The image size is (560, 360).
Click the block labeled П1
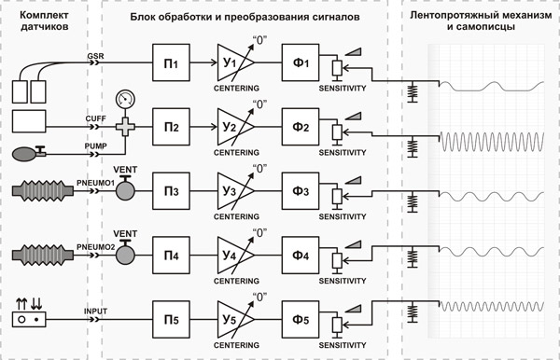[171, 62]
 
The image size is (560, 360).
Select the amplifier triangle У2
[235, 127]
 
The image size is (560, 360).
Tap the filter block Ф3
[301, 191]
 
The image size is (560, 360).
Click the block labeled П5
[171, 320]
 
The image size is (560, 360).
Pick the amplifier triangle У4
[235, 256]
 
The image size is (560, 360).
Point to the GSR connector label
[96, 56]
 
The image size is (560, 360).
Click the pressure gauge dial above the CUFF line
[125, 99]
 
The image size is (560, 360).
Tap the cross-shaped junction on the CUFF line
[125, 127]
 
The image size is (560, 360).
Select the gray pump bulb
[24, 155]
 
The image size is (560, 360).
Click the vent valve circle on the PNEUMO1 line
[125, 190]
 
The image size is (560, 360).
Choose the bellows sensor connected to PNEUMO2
[43, 256]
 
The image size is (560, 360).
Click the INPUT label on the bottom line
[95, 312]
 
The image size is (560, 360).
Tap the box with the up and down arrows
[29, 319]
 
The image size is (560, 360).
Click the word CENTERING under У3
[236, 216]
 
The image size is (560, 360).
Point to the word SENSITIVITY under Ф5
[343, 345]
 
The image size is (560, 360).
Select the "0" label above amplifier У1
[260, 40]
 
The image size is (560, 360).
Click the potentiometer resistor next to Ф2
[337, 132]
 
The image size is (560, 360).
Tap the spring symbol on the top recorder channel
[413, 92]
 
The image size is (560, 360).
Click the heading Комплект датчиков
[44, 21]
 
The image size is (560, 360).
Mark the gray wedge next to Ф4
[353, 244]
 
